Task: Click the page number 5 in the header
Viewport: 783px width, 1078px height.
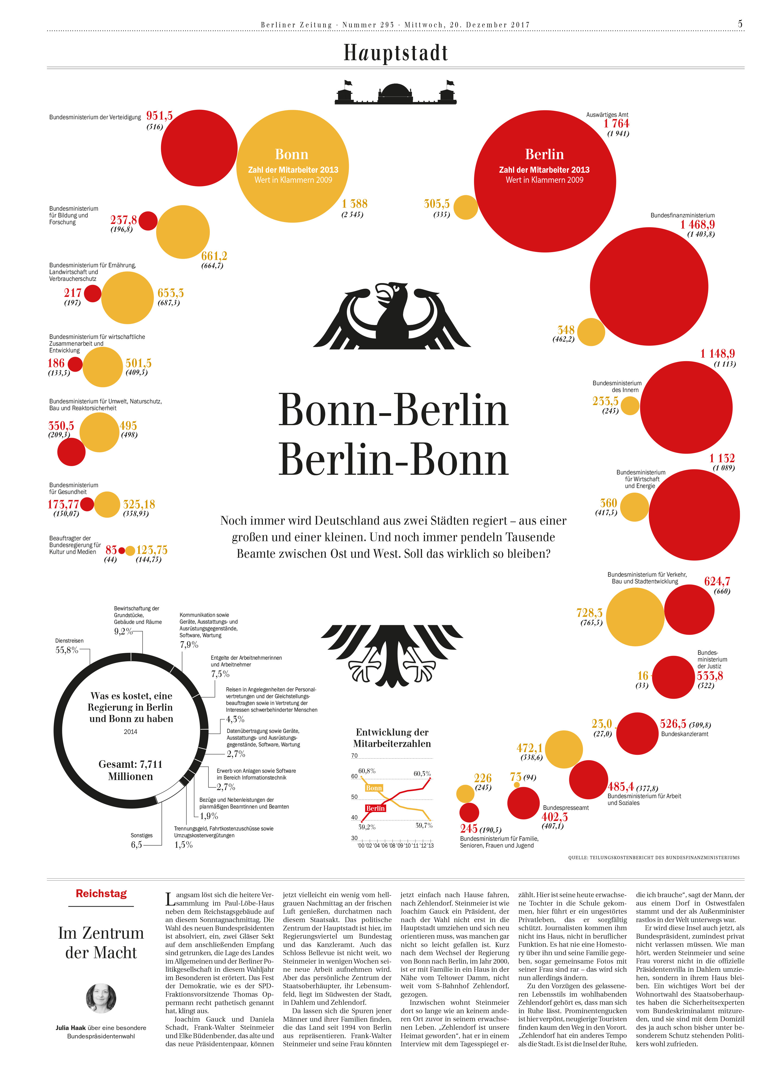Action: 740,24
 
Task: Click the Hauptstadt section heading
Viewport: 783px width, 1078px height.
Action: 396,53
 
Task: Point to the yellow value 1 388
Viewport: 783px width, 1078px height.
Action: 355,204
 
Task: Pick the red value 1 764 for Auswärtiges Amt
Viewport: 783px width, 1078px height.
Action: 616,124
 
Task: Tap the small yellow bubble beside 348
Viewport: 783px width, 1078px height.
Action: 591,332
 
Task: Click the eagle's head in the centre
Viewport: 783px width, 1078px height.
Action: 391,293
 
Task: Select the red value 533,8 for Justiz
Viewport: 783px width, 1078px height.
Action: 710,676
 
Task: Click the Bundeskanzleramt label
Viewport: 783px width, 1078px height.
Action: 685,734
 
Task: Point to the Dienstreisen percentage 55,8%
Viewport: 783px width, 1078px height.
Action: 66,650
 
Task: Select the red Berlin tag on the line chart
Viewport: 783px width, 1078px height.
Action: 375,808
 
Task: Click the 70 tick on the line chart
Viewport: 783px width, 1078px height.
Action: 355,756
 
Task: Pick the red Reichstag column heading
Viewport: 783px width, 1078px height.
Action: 101,894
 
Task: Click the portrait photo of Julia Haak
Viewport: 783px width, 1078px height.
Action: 101,998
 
